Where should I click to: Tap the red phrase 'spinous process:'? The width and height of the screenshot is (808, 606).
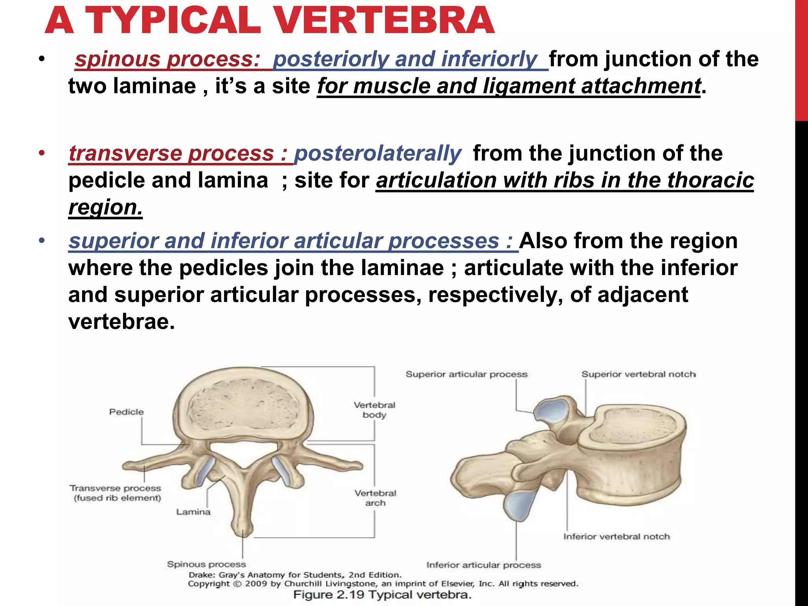[167, 59]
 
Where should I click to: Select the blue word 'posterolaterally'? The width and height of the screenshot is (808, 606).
[378, 153]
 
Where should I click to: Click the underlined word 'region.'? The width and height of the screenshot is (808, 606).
[105, 207]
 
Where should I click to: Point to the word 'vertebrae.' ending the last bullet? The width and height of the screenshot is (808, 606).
[121, 322]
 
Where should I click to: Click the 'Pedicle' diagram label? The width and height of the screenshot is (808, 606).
[126, 412]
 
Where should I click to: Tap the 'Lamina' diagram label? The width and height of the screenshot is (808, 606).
[193, 512]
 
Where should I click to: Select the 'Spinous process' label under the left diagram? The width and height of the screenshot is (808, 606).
[206, 564]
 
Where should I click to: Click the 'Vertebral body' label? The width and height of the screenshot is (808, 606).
[374, 410]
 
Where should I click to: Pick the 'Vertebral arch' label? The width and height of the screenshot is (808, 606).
[375, 498]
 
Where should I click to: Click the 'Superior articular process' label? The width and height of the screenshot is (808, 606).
[466, 374]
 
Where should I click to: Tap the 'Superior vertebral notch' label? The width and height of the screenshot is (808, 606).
[638, 374]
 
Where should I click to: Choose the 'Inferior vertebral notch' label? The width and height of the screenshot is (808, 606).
[616, 537]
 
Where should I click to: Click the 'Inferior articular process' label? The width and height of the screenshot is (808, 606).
[484, 565]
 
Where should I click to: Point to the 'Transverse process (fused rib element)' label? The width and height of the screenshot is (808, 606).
[116, 493]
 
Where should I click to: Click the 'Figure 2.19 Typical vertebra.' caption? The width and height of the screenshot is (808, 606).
[382, 595]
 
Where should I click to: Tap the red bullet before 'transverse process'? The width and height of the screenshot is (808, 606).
[42, 153]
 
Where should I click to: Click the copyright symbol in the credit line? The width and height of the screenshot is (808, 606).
[238, 584]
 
